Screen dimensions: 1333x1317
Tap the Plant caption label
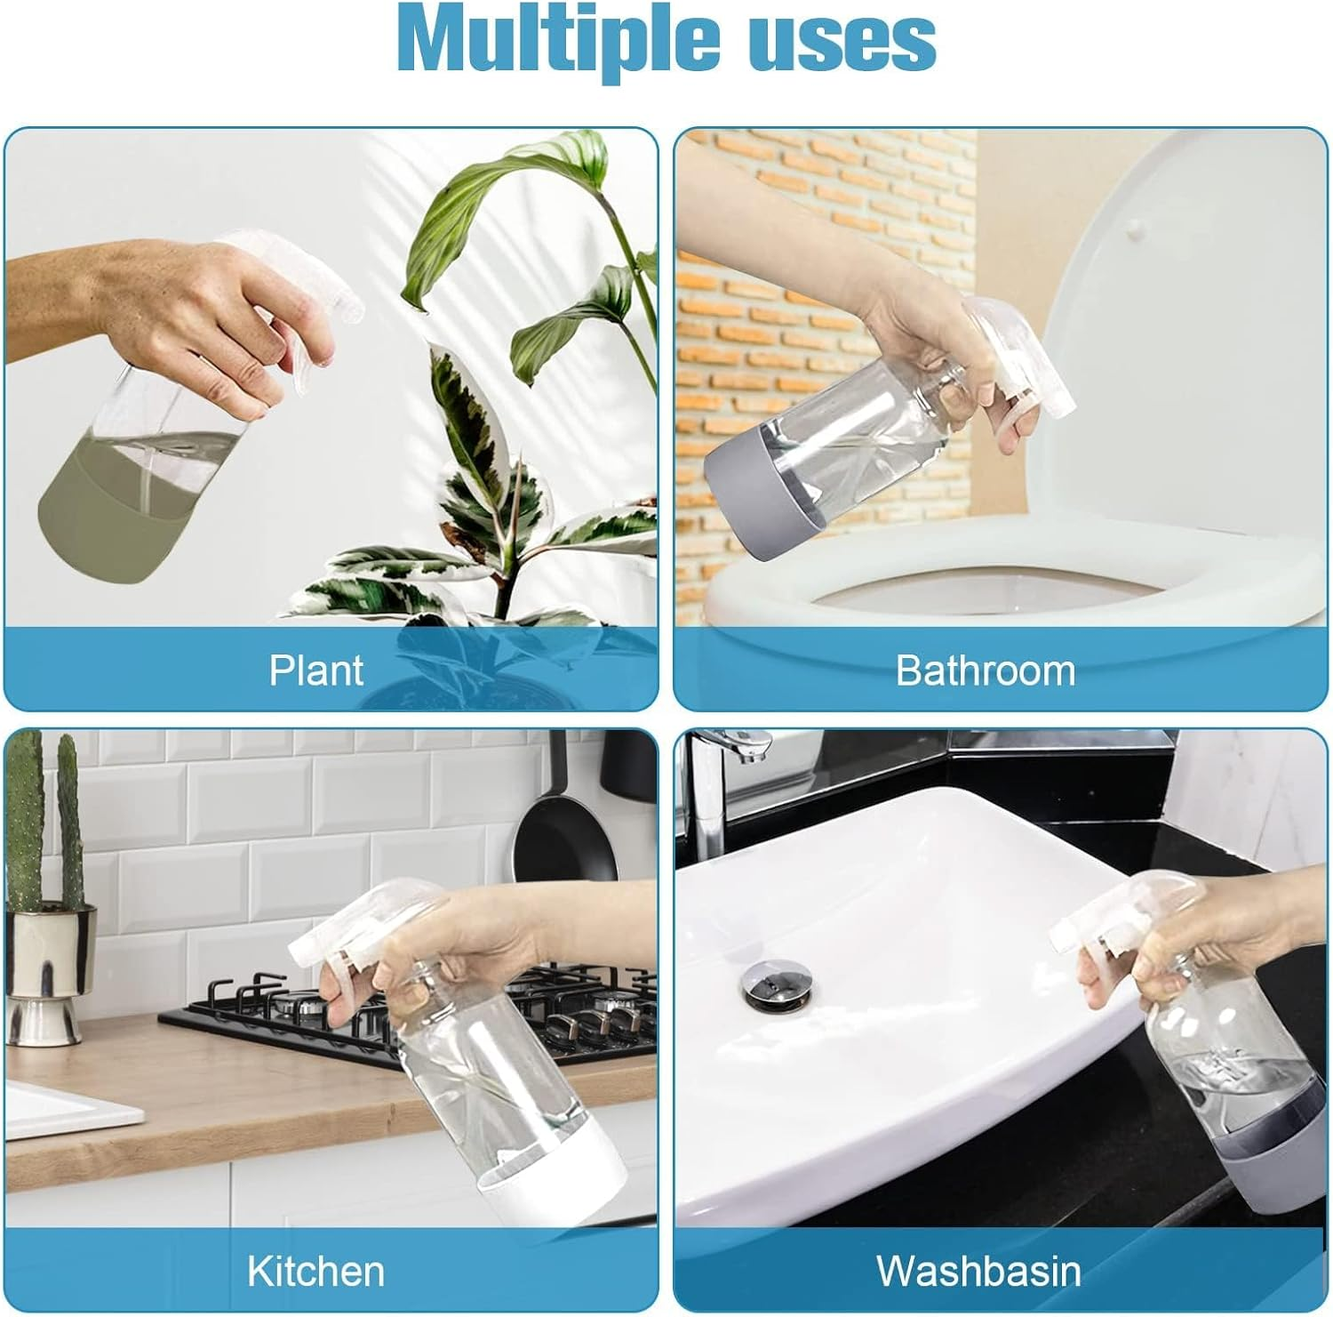pyautogui.click(x=316, y=671)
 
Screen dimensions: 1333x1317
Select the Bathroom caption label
pyautogui.click(x=985, y=671)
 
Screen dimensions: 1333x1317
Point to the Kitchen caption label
pyautogui.click(x=315, y=1271)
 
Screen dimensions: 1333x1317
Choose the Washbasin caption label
pyautogui.click(x=979, y=1271)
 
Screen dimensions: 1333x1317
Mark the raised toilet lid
pyautogui.click(x=1182, y=329)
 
